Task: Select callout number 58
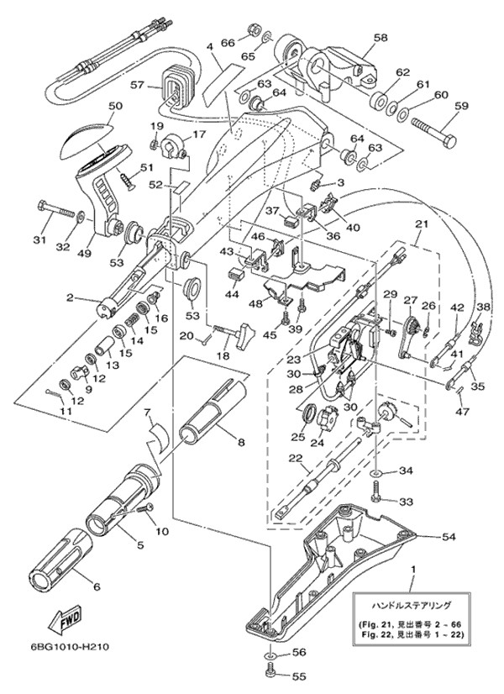[381, 37]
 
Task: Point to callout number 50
[115, 106]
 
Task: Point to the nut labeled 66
[251, 32]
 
